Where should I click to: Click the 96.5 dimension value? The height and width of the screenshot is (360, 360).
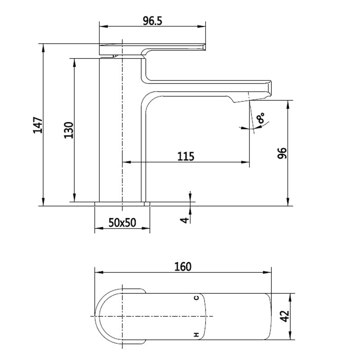coord(153,21)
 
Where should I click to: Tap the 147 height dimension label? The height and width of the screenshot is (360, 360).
coord(38,125)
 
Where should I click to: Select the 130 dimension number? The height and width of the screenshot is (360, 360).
coord(69,130)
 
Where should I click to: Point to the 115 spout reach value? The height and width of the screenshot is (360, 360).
coord(186,156)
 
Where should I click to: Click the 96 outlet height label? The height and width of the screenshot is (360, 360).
coord(282,153)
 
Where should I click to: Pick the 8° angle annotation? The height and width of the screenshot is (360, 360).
coord(261,118)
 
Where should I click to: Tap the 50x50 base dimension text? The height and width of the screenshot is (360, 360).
coord(122,222)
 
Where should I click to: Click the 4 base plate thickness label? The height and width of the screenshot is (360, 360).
coord(184,220)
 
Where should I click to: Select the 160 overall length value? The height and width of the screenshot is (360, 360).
coord(183,267)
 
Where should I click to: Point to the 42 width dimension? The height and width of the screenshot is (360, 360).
coord(285,316)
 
